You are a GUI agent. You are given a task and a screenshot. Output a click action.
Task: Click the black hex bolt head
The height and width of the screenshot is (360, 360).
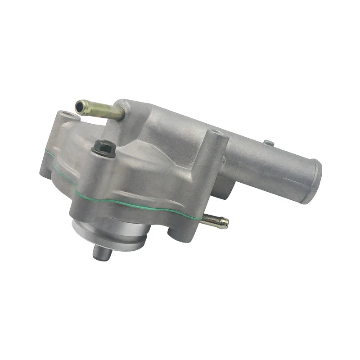pos(104,148)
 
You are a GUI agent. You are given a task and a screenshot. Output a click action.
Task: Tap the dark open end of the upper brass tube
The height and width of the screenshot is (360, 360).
pos(81,107)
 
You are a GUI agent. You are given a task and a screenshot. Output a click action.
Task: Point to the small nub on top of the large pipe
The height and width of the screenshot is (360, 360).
pos(269,143)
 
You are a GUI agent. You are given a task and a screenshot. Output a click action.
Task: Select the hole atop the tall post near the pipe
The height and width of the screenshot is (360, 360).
pos(216,134)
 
